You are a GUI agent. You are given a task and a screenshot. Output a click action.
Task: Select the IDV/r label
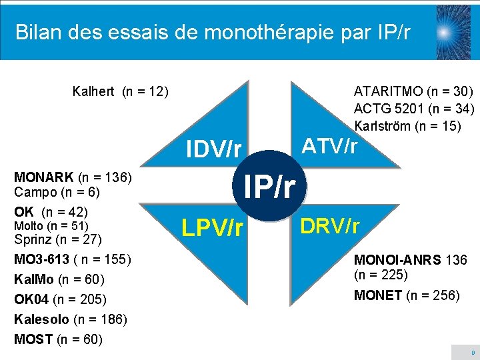pos(213,149)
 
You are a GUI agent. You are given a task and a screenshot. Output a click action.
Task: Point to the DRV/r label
pos(329,227)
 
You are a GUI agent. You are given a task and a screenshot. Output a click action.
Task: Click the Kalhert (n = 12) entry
pos(120,91)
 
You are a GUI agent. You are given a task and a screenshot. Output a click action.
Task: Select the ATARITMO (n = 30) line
pos(413,91)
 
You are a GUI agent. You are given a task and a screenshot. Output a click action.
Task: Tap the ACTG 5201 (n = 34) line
pos(413,108)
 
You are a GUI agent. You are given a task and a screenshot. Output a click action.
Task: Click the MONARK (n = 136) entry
pos(73,177)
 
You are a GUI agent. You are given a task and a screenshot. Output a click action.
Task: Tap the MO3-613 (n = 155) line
pos(73,259)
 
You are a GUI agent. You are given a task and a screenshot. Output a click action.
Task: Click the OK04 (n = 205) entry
pos(60,299)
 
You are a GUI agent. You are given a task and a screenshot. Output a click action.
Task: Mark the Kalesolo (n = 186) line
pos(71,319)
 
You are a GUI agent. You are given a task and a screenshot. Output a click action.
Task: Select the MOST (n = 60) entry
pos(58,339)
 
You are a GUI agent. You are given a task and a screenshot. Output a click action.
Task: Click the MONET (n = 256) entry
pos(407,295)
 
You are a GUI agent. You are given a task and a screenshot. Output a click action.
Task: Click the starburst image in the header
pos(453,31)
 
